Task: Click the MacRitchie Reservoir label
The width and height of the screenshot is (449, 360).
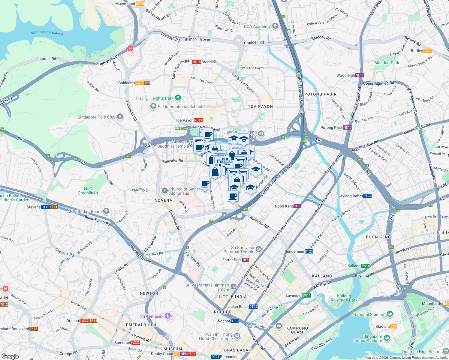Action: (47, 33)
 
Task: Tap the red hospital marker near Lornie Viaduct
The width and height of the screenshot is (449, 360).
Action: (130, 48)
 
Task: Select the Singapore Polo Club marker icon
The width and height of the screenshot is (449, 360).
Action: (120, 117)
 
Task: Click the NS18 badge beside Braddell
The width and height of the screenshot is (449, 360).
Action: (197, 62)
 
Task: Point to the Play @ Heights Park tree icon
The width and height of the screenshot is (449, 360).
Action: (178, 98)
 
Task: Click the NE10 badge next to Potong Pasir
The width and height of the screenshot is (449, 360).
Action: (347, 127)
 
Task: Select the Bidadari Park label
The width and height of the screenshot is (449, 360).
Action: (387, 63)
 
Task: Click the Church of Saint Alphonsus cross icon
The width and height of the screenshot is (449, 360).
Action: (164, 191)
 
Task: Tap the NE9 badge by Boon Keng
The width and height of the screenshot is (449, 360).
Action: (297, 206)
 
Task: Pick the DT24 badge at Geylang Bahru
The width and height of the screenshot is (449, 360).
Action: (367, 196)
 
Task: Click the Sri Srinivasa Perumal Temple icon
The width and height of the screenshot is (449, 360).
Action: (259, 249)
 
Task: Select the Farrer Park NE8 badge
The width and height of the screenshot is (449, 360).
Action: (245, 260)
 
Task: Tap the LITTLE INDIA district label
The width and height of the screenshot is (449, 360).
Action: (233, 297)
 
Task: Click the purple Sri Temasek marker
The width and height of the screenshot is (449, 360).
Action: (168, 316)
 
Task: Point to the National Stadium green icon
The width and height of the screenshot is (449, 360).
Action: (390, 314)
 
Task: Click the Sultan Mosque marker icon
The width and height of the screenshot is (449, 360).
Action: (279, 326)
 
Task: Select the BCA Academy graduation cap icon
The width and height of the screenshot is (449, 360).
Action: (275, 26)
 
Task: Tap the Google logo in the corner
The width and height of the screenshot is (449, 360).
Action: (10, 356)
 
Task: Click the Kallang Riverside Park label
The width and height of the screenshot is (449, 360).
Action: (344, 298)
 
